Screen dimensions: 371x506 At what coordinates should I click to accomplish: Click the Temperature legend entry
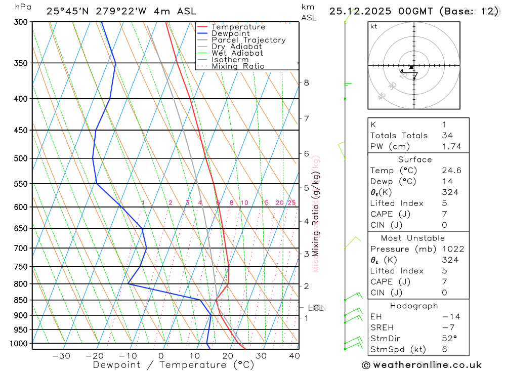point(238,27)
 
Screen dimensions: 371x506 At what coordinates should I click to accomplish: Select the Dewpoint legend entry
point(231,33)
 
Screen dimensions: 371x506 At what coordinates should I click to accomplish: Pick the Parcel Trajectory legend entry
point(248,40)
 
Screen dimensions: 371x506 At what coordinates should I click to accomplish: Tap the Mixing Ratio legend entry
point(238,66)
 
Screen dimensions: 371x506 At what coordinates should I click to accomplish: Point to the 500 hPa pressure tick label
point(21,158)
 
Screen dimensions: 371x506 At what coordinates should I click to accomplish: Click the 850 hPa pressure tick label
point(21,300)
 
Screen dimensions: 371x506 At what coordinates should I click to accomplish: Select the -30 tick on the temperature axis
point(61,356)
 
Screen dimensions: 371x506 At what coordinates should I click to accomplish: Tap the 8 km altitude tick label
point(307,83)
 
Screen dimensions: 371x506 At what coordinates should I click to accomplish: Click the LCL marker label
point(315,308)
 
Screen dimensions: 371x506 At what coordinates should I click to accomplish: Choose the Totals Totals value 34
point(447,135)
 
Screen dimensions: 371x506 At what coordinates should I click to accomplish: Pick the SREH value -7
point(447,327)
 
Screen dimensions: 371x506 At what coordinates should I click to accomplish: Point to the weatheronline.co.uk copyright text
point(421,365)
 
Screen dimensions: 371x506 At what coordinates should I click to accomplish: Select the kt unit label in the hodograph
point(374,26)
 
